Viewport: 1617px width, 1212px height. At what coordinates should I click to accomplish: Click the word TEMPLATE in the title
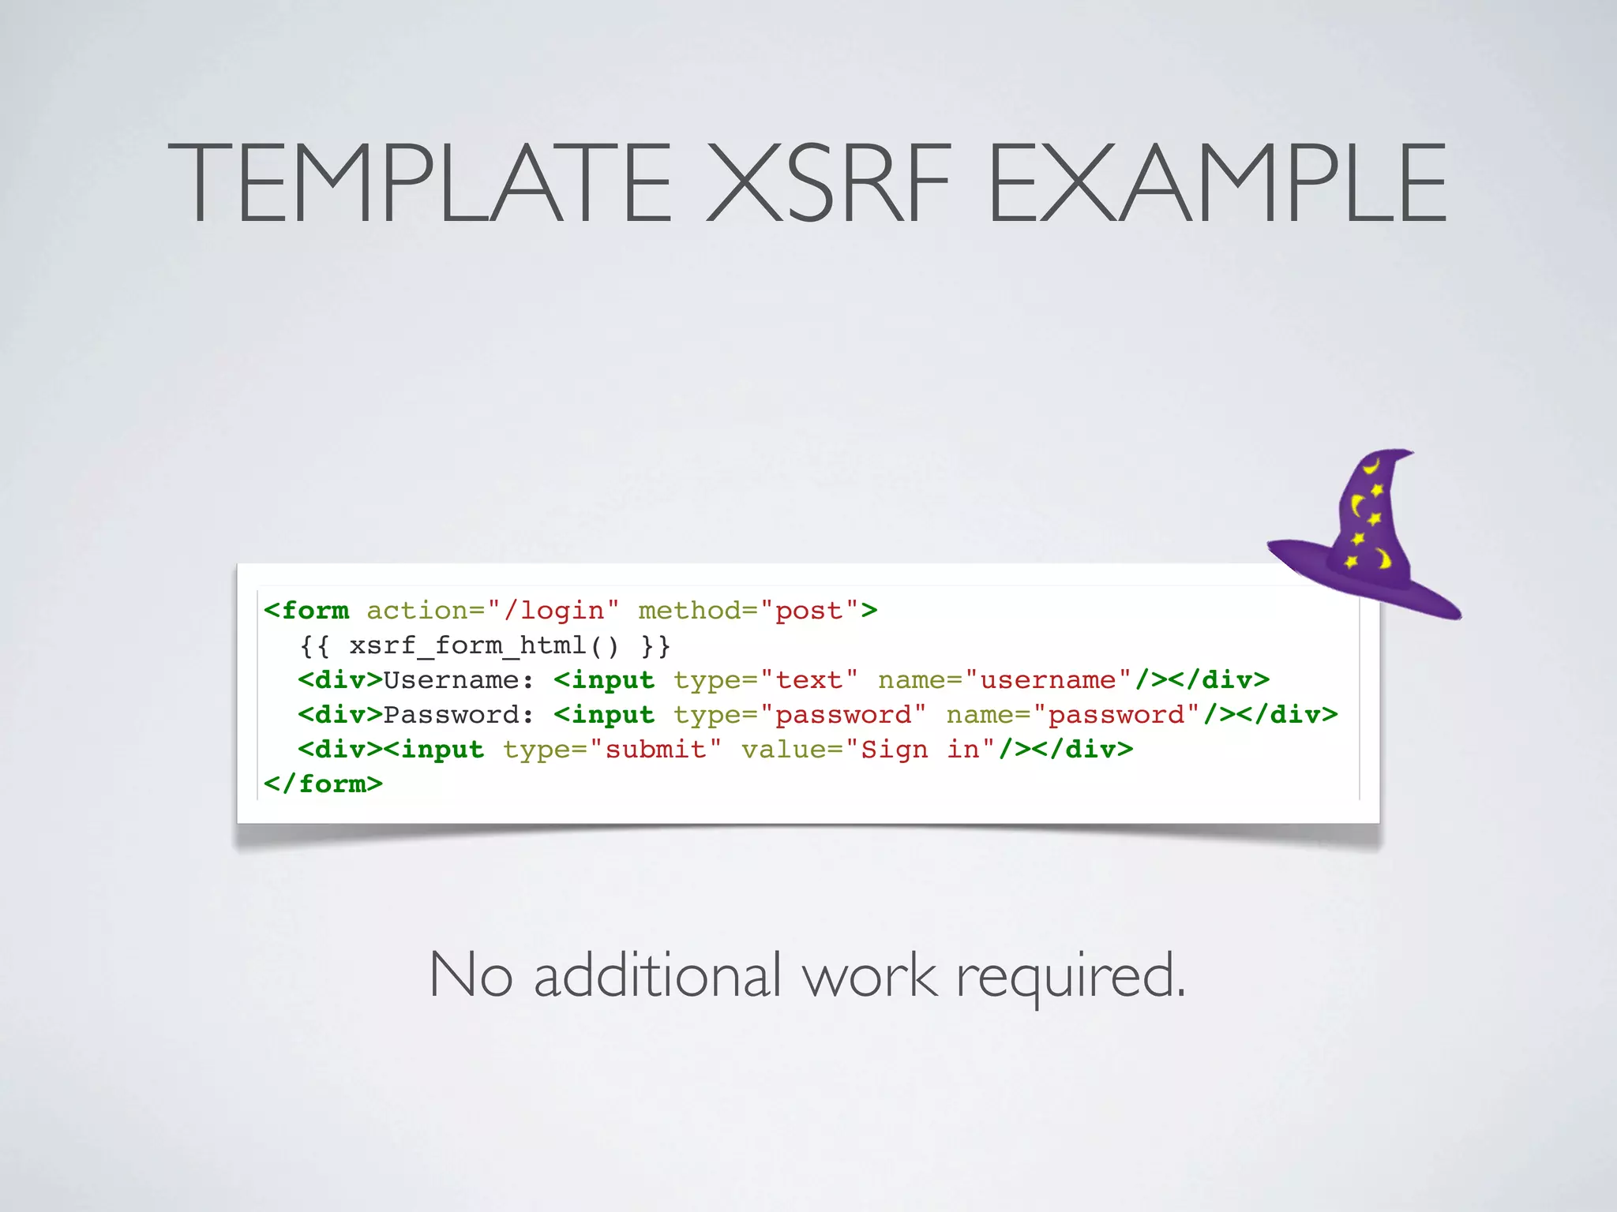[x=419, y=183]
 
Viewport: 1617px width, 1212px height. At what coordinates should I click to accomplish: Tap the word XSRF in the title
[x=828, y=183]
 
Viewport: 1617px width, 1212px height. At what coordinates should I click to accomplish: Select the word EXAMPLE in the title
[x=1217, y=183]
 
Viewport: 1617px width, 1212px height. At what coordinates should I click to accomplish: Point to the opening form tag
[x=306, y=611]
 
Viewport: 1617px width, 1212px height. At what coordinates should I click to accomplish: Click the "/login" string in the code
[x=553, y=611]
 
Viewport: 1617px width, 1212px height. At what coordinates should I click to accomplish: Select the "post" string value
[x=809, y=611]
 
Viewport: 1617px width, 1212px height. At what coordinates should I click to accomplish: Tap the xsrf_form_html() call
[x=485, y=646]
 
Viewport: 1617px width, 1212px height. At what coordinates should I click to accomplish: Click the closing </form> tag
[x=323, y=784]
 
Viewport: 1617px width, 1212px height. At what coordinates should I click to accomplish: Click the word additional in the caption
[x=658, y=975]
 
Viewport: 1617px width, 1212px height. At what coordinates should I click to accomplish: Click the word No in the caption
[x=471, y=975]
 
